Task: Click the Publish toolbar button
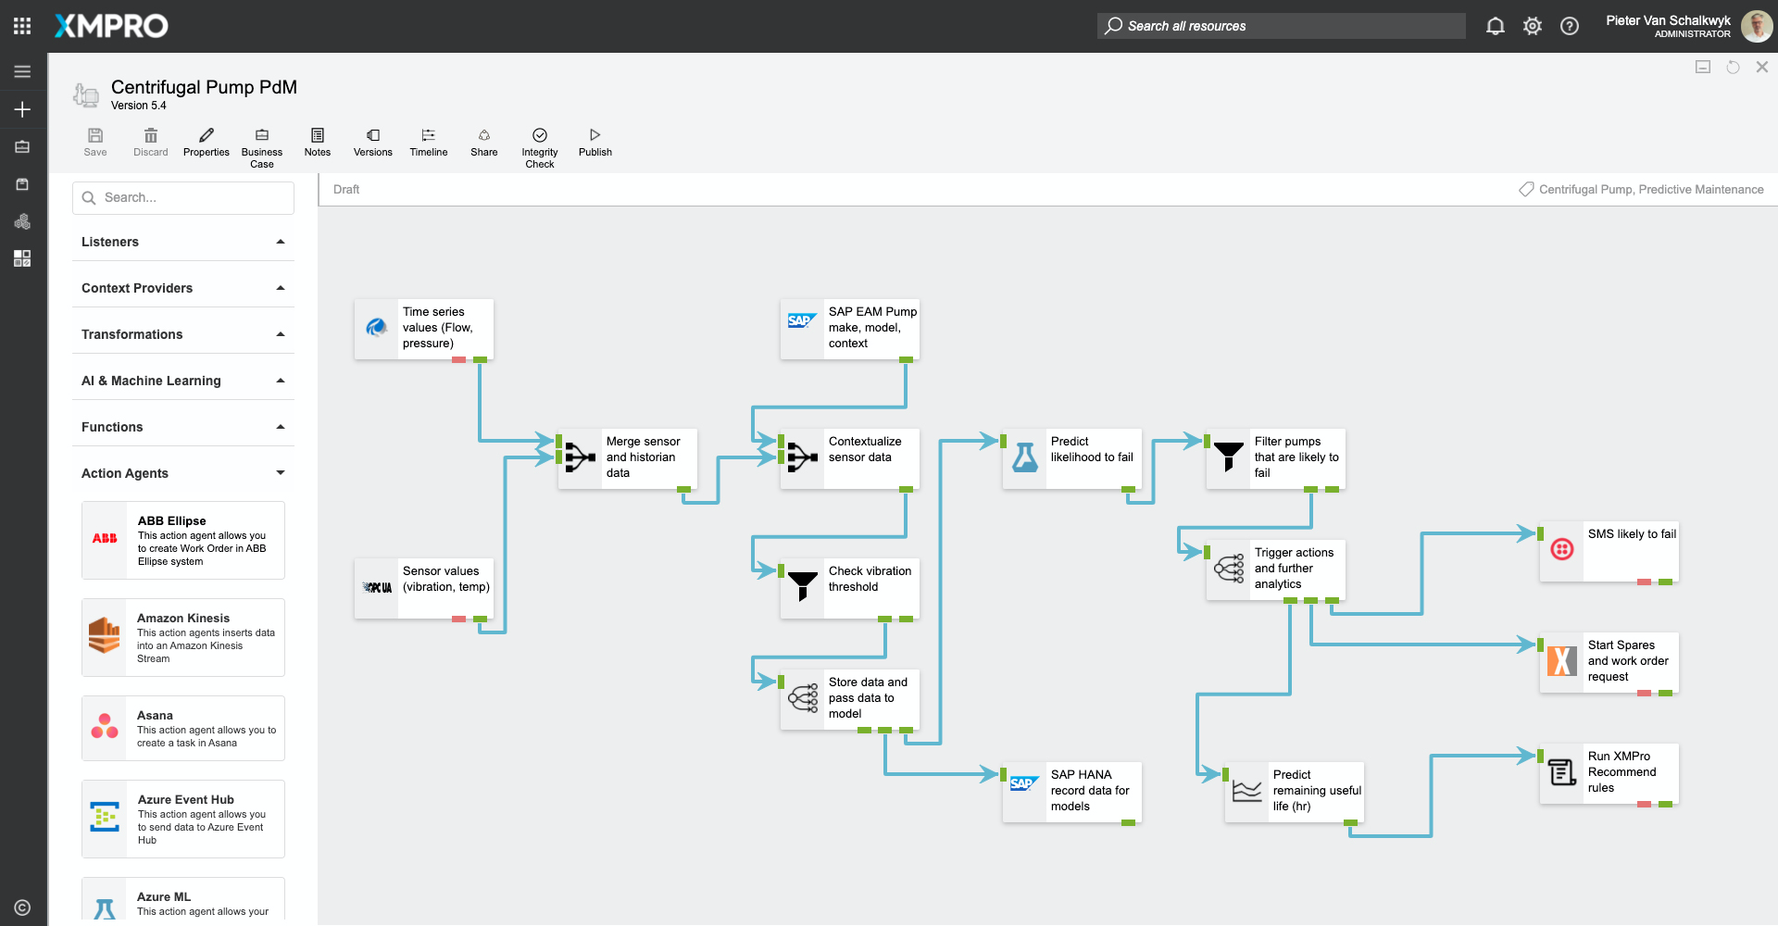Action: tap(595, 142)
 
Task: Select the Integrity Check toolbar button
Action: tap(540, 146)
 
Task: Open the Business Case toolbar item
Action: tap(262, 146)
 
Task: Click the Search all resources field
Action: tap(1282, 26)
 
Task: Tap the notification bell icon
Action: tap(1495, 26)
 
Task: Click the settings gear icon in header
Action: tap(1533, 26)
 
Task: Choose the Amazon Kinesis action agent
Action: tap(183, 637)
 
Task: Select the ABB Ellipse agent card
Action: tap(183, 540)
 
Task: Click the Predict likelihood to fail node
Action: tap(1072, 457)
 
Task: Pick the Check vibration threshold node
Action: tap(850, 587)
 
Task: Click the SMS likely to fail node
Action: tap(1609, 552)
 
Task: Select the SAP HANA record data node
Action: tap(1072, 791)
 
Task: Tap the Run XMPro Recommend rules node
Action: tap(1609, 772)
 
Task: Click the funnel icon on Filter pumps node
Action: tap(1229, 457)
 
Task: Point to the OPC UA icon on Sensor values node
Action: tap(377, 587)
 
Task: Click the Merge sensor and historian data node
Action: tap(628, 457)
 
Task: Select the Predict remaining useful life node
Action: tap(1295, 791)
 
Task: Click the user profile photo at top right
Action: tap(1757, 26)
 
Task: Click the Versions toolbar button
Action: tap(373, 142)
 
